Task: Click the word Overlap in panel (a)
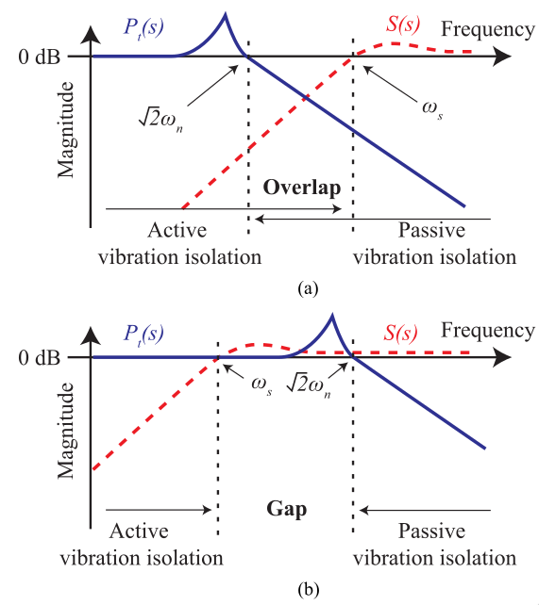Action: click(302, 188)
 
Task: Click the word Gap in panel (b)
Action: click(287, 509)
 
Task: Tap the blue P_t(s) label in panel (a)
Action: click(143, 27)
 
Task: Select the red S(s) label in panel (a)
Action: click(403, 25)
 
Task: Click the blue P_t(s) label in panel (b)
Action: click(143, 334)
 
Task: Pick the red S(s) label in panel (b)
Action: click(400, 333)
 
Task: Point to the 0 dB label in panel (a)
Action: click(40, 57)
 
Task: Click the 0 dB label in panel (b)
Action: click(40, 358)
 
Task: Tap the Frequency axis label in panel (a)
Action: click(488, 29)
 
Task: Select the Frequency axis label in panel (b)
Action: click(488, 331)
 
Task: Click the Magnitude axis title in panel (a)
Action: click(66, 130)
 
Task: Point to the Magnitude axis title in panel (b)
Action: click(66, 431)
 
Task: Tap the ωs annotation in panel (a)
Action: click(432, 108)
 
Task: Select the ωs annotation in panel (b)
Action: click(261, 385)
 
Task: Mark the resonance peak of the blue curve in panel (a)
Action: click(226, 14)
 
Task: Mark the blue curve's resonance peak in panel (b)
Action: click(332, 316)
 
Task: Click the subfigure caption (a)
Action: click(308, 288)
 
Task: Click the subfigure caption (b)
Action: click(309, 590)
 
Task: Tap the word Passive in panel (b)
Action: click(431, 531)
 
